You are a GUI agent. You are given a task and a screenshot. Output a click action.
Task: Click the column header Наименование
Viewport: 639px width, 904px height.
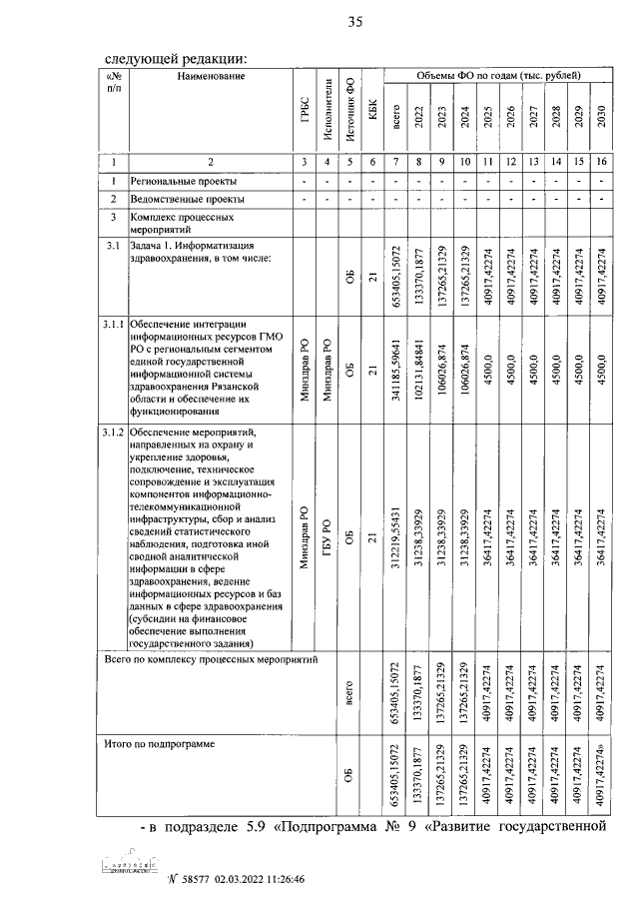tap(211, 76)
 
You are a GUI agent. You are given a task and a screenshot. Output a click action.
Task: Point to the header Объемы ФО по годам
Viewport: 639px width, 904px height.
tap(498, 76)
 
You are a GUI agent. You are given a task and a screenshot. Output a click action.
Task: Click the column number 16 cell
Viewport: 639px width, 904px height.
tap(601, 161)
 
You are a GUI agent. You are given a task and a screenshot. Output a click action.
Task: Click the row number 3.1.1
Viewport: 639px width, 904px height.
tap(113, 324)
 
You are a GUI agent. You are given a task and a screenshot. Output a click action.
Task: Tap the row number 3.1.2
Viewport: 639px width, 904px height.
tap(113, 433)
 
